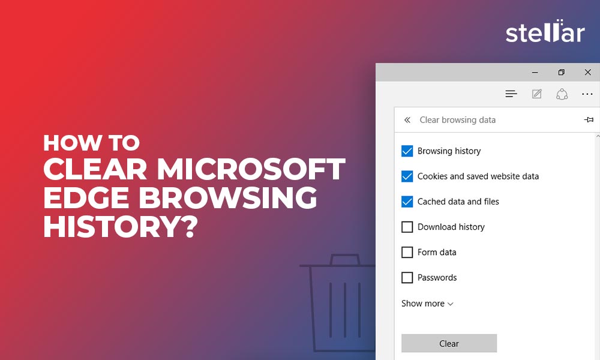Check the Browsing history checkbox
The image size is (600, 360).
[x=407, y=151]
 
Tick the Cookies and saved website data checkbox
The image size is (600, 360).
[x=407, y=176]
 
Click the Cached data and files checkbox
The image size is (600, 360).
[x=407, y=202]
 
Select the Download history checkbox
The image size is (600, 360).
[x=407, y=227]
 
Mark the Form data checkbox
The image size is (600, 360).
[x=407, y=252]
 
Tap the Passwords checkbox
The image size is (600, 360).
[x=407, y=277]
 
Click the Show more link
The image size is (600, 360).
[x=427, y=304]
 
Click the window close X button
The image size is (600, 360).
[x=588, y=72]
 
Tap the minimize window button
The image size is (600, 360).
[x=535, y=73]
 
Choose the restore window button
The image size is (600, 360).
[x=562, y=72]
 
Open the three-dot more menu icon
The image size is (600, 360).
[x=587, y=94]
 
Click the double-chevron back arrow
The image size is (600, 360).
[x=407, y=120]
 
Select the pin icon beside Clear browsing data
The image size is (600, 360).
[x=589, y=120]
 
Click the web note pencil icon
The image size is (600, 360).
[x=537, y=94]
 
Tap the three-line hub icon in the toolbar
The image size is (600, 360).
[x=511, y=94]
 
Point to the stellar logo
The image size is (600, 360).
[x=545, y=31]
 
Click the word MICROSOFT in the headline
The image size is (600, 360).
[x=251, y=169]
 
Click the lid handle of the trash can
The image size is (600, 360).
[x=345, y=259]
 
